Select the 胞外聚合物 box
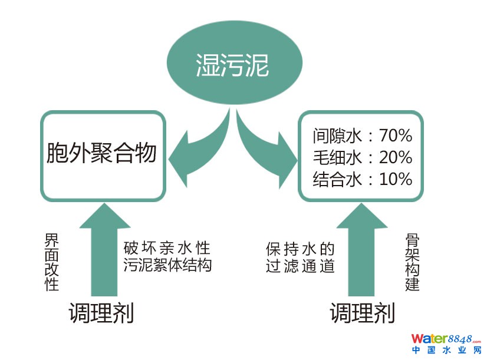(101, 154)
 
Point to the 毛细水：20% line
(361, 157)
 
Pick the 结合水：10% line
(361, 179)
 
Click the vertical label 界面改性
(52, 263)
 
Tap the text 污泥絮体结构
(167, 265)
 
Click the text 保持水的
(300, 247)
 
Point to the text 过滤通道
(300, 266)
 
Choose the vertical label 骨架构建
(412, 262)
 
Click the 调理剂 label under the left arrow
(101, 312)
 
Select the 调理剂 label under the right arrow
(362, 312)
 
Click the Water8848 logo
(446, 339)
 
